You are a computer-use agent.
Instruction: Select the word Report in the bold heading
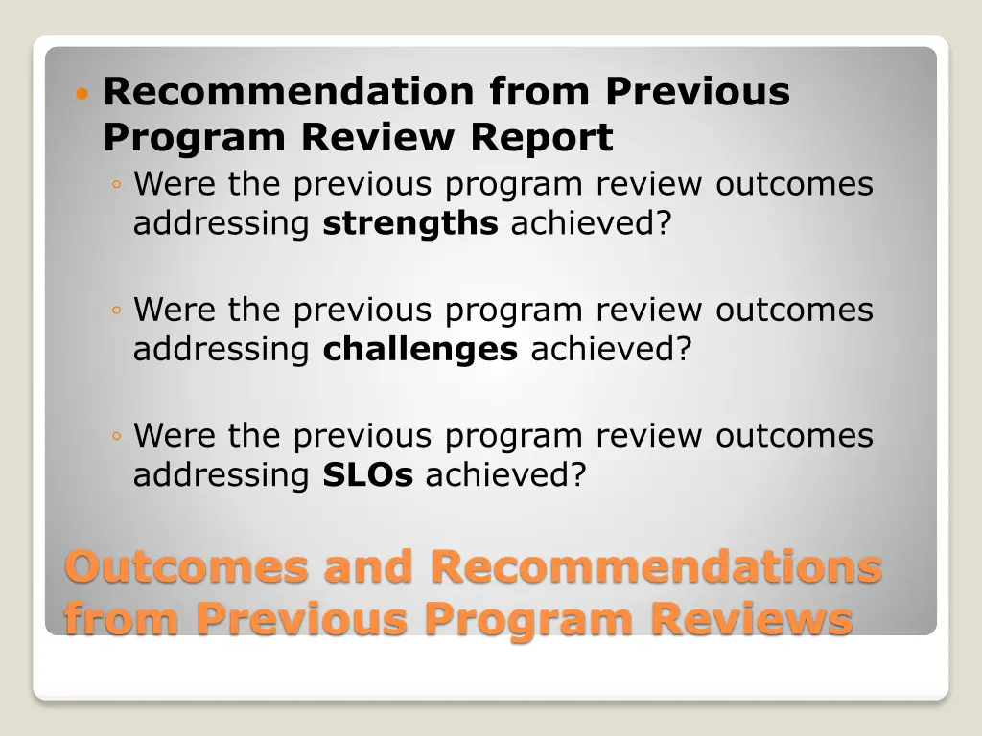541,138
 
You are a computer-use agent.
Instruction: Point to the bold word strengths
409,223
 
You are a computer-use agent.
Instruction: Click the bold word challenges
420,350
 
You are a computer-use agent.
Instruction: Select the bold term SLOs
367,475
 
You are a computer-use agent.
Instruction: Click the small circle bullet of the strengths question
116,185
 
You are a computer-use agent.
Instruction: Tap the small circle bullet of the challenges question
116,311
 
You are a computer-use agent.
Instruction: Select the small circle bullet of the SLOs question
116,437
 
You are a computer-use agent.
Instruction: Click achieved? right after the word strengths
592,223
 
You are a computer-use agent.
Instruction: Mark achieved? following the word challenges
611,350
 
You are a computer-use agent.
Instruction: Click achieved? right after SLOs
505,475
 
